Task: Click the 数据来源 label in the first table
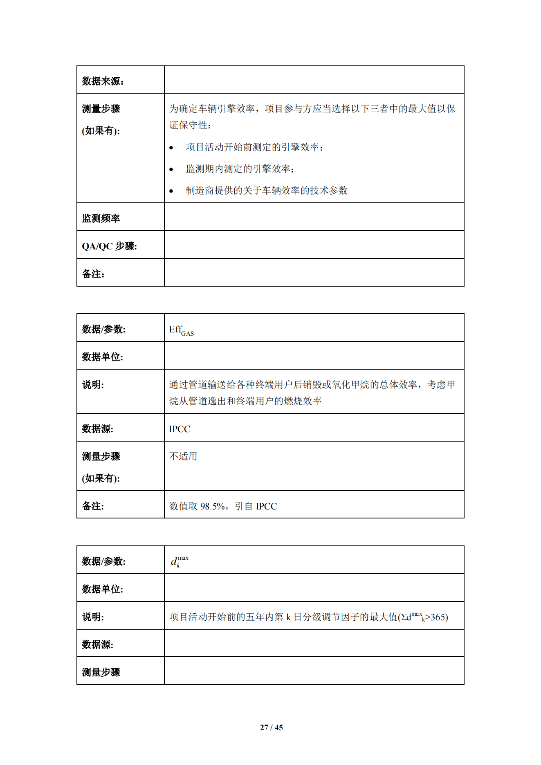tap(103, 81)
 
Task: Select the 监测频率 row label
tap(101, 218)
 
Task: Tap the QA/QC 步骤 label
tap(109, 246)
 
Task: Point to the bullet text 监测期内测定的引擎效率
tap(240, 169)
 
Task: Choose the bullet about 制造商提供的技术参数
tap(267, 191)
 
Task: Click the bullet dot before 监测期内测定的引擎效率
tap(171, 169)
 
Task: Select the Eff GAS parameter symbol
tap(181, 330)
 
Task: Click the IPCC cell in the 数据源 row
tap(180, 429)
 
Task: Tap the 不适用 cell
tap(183, 456)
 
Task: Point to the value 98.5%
tap(212, 506)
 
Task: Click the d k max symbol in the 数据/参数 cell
tap(179, 561)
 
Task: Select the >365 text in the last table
tap(436, 617)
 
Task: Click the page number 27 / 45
tap(271, 727)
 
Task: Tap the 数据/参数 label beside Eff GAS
tap(103, 329)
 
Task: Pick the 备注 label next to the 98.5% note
tap(93, 506)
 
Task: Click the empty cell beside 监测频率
tap(314, 217)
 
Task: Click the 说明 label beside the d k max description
tap(93, 617)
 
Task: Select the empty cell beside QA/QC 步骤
tap(314, 245)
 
